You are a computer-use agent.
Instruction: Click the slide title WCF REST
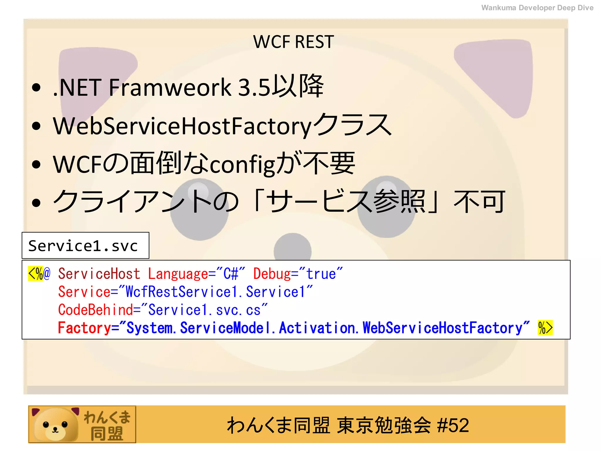293,42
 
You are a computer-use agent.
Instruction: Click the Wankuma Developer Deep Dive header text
537,8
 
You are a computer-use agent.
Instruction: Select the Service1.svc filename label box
85,245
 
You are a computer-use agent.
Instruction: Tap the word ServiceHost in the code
99,274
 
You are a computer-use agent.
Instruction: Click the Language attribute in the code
178,274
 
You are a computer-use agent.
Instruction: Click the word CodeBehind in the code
96,310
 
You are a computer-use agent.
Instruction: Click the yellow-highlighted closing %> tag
545,328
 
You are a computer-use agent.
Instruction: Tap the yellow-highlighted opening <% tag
36,274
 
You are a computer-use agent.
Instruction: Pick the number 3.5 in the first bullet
254,87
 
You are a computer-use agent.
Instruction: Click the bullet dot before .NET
36,87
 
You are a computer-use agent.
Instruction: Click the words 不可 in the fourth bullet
479,202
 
